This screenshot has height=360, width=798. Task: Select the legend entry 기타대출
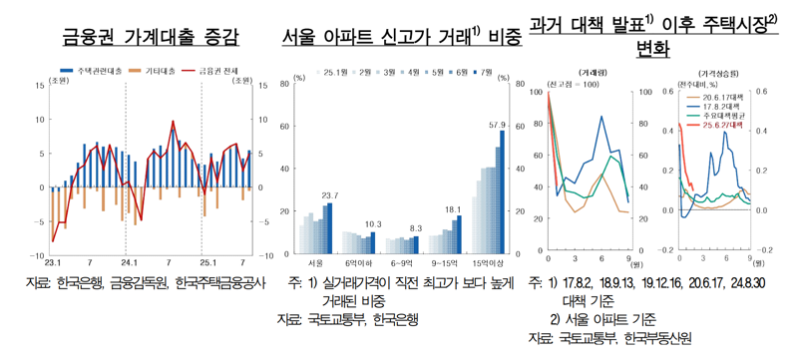(160, 73)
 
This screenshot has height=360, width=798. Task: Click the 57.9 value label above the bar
(498, 126)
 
